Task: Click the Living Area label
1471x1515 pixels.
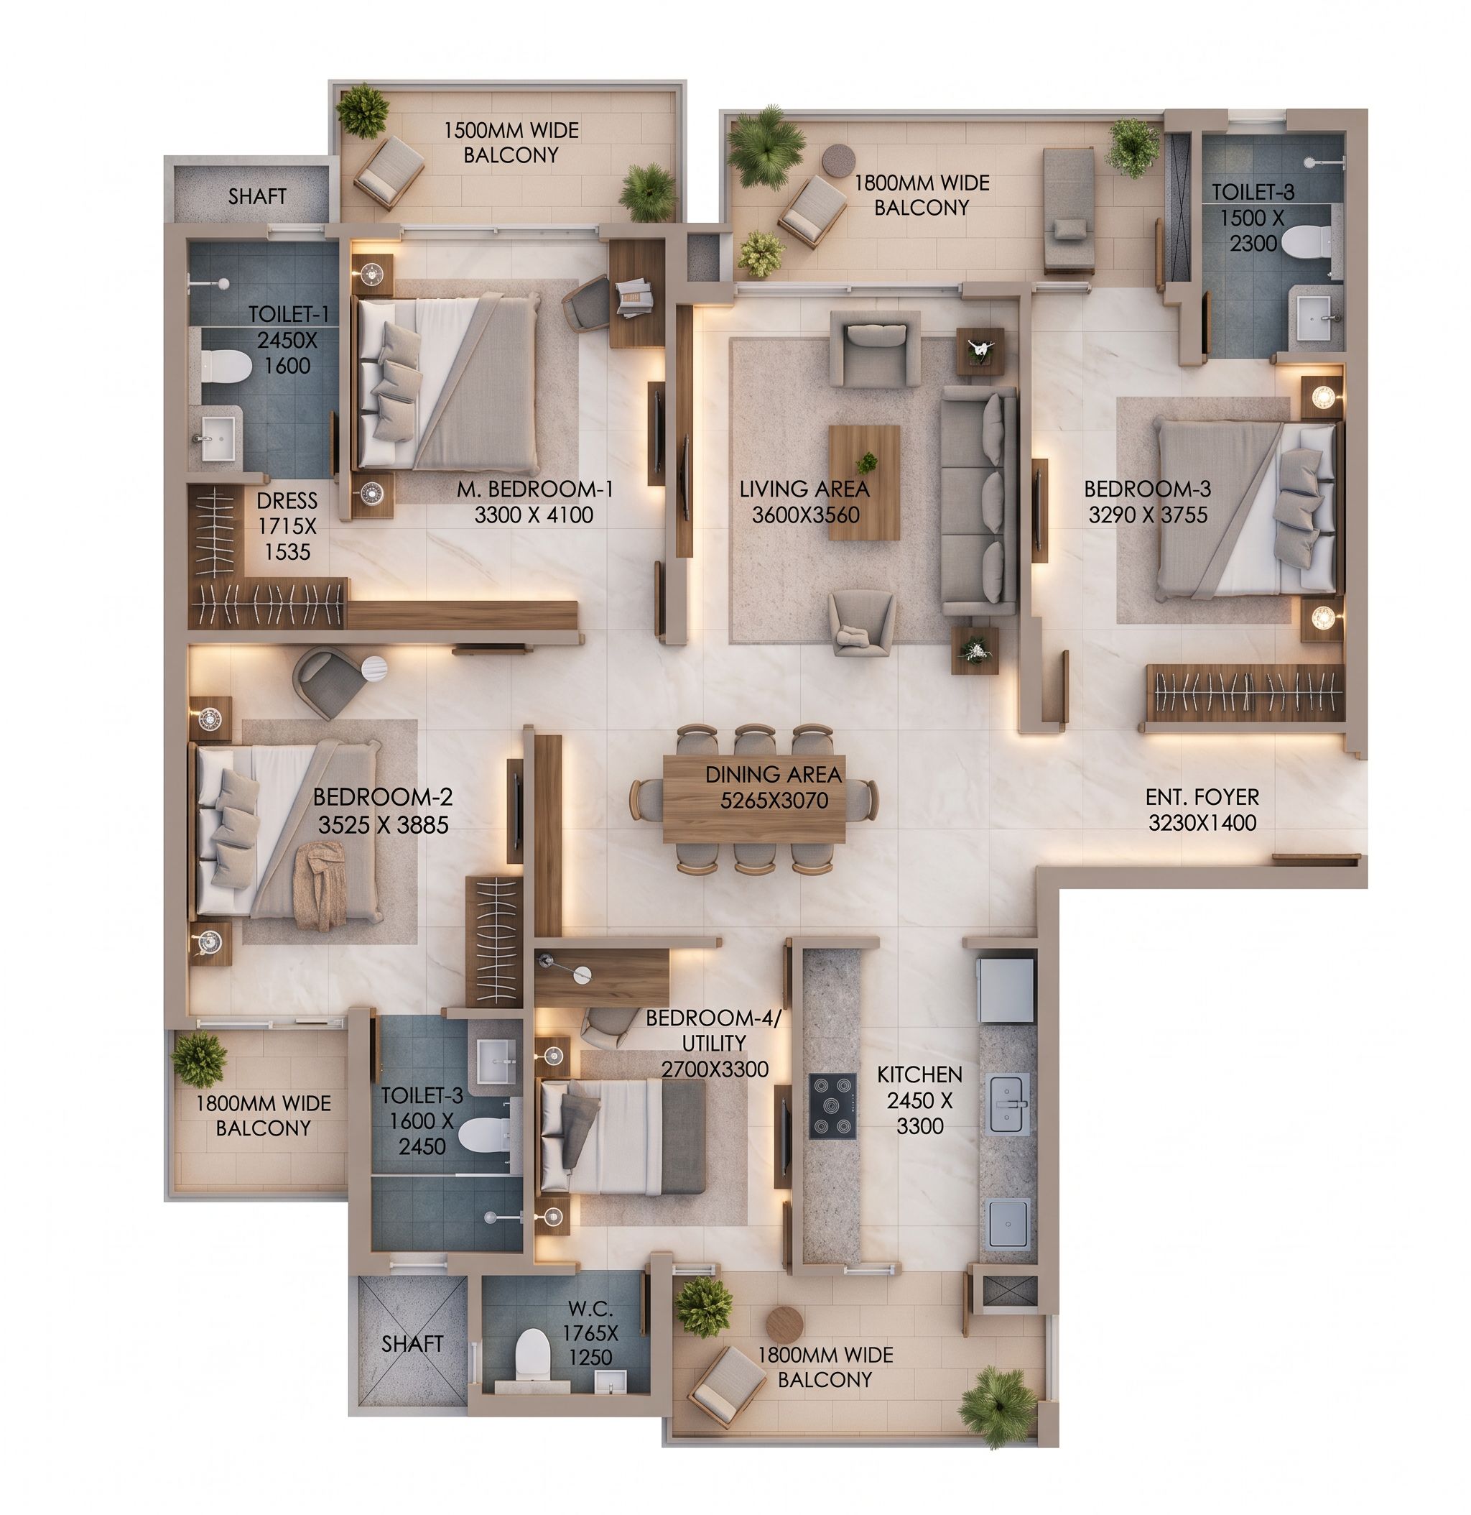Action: (804, 489)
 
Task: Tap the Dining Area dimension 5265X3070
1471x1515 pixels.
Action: (774, 801)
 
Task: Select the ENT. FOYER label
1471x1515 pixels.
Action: (1202, 796)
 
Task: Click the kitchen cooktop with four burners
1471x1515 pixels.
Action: (833, 1106)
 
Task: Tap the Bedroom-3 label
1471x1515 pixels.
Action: (1147, 489)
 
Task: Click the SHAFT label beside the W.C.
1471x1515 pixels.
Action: (412, 1343)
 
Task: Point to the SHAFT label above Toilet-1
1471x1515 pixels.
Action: (257, 196)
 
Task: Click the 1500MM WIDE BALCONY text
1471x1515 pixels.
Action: (511, 142)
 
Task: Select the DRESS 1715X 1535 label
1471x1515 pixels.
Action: (287, 525)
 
